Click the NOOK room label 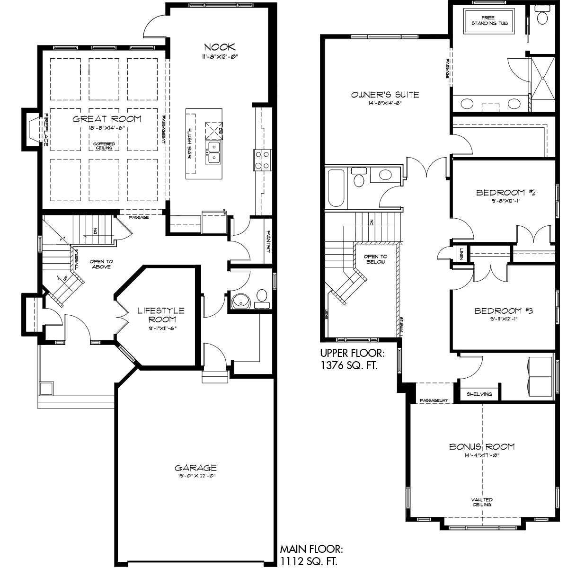(x=219, y=47)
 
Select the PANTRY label (x=268, y=241)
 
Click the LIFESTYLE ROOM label (x=161, y=315)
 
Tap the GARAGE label (x=195, y=468)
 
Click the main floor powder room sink (x=241, y=301)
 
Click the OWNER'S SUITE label (x=385, y=95)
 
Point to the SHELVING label (x=479, y=394)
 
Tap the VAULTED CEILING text (x=481, y=502)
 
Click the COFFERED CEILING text (x=103, y=146)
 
